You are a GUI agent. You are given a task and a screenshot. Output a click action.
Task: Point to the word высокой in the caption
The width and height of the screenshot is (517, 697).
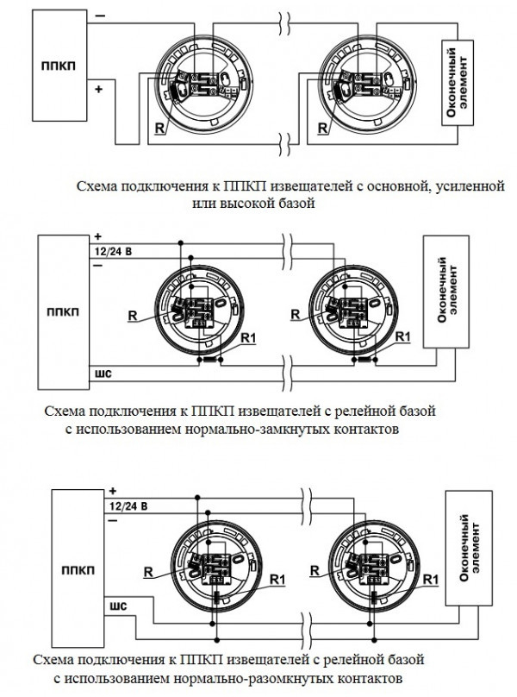[240, 204]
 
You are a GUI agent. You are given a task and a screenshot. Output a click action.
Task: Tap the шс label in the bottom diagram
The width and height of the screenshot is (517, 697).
[119, 606]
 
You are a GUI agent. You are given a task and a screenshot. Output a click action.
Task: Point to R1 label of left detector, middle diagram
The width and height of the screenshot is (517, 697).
[248, 337]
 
